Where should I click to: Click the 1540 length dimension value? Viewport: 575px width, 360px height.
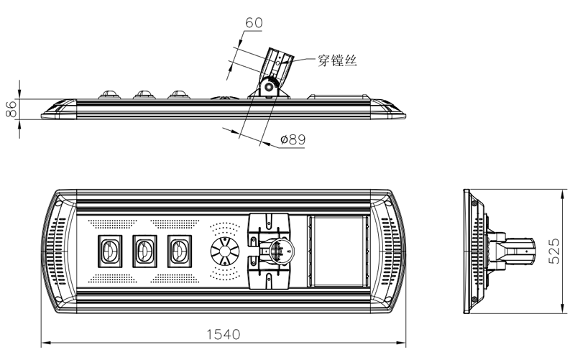tap(223, 333)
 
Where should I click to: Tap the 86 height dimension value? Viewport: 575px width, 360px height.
tap(11, 109)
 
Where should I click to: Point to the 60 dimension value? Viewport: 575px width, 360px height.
tap(254, 22)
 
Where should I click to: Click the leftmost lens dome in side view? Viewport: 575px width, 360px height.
tap(110, 93)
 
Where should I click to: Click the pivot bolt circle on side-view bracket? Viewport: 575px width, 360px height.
tap(269, 87)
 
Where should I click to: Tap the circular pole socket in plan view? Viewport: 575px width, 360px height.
tap(277, 251)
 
